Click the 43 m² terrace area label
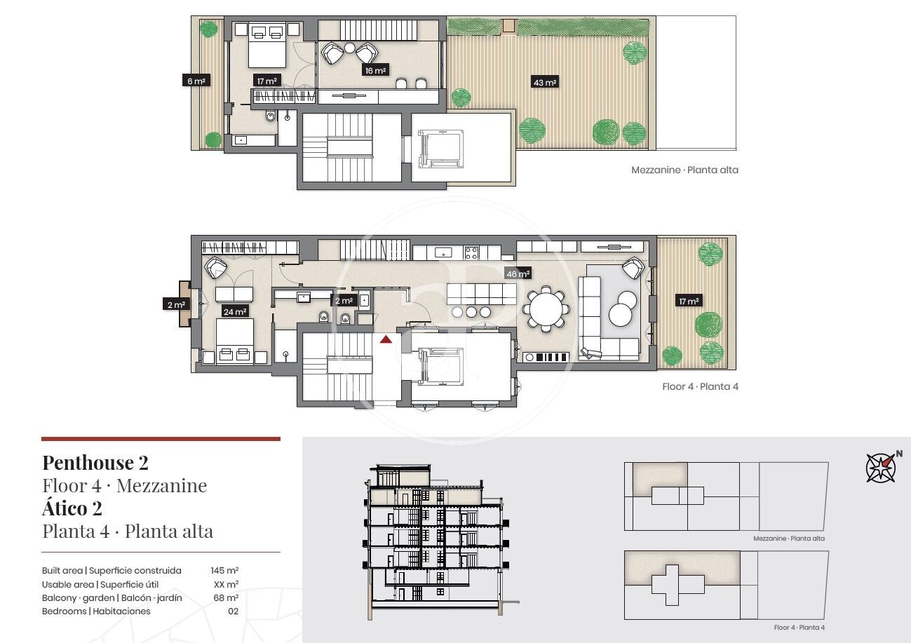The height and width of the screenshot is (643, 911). pos(545,82)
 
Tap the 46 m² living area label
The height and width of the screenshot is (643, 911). pos(518,273)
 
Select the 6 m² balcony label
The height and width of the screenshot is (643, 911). pos(196,81)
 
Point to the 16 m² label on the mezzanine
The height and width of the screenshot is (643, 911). pos(375,70)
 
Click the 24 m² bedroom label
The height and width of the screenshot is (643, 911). pos(235,311)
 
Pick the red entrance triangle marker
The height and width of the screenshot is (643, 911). pos(386,339)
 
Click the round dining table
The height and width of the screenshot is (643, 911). pos(546,309)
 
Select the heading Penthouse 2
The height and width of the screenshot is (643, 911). pos(95,463)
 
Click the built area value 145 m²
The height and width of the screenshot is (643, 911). pos(224,570)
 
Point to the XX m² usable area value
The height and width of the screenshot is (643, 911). pos(226,584)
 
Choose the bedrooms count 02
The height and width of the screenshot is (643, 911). pos(234,611)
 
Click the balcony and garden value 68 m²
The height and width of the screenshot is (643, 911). pos(226,597)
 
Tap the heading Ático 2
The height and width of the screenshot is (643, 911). pos(72,508)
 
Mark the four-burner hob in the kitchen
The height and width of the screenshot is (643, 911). pos(471,253)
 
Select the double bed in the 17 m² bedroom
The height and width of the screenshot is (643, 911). pos(266,46)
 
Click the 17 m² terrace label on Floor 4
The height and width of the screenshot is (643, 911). pos(689,301)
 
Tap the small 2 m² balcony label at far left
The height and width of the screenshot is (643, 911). pos(176,304)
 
